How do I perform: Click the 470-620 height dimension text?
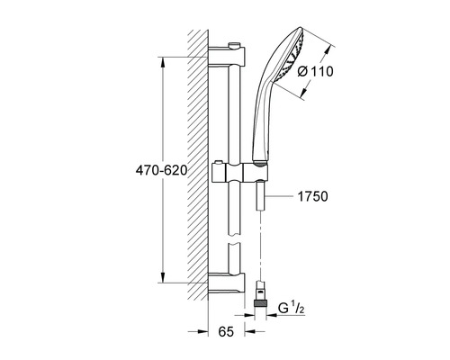[x=161, y=170]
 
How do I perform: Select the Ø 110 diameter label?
[x=315, y=72]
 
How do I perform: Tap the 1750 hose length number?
[x=312, y=196]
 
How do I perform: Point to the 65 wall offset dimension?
[x=226, y=332]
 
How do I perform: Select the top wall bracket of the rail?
[x=227, y=56]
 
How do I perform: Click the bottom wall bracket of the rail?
[x=227, y=283]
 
